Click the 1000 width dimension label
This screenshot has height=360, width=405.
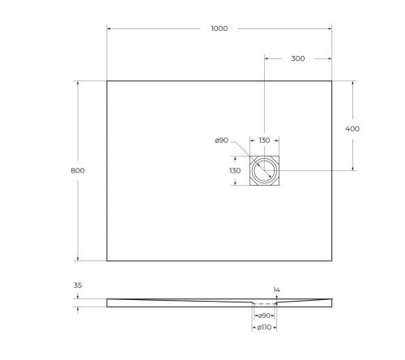219,28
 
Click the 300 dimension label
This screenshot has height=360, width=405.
298,58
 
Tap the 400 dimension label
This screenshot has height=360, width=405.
352,128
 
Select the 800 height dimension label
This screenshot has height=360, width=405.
78,170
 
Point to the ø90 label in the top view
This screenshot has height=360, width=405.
221,140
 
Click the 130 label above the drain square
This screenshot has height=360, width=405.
264,140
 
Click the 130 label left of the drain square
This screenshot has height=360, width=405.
235,170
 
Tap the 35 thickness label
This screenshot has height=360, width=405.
78,286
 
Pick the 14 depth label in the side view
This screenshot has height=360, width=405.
276,289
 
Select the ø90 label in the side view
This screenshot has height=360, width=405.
264,315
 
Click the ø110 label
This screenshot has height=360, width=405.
264,328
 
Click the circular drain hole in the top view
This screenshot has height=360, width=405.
264,170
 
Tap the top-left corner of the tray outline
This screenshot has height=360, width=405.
107,80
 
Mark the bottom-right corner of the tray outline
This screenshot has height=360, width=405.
332,260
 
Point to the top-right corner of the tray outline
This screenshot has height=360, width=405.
332,80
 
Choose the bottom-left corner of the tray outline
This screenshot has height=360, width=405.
107,260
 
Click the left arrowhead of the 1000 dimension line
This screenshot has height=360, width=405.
109,28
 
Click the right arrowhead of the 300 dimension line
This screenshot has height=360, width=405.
330,58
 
